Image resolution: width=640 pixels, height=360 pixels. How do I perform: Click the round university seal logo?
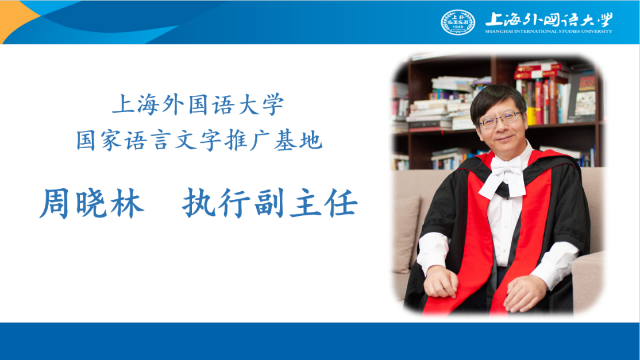458,22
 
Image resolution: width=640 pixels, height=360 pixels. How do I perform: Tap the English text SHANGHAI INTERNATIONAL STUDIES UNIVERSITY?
549,32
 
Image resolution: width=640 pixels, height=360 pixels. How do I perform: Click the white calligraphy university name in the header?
549,19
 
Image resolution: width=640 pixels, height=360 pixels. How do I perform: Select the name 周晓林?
92,203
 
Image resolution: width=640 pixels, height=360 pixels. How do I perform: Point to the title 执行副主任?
270,203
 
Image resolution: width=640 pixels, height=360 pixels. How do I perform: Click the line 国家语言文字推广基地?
199,140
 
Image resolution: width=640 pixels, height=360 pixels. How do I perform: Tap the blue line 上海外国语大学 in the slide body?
198,104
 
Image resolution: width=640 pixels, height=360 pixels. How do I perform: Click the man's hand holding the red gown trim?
440,282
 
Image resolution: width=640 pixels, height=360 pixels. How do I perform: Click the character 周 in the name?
54,203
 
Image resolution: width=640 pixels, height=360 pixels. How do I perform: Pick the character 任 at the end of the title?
343,203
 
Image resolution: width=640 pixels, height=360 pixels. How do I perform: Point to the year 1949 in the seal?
458,27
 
